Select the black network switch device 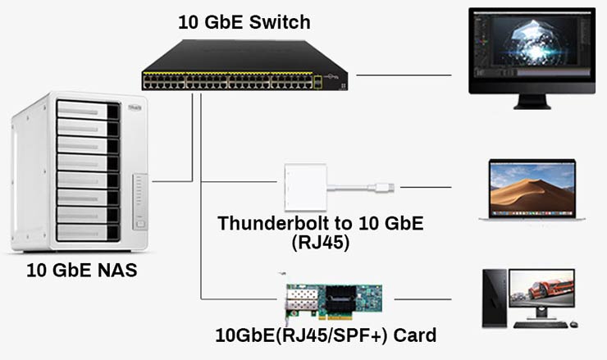[x=244, y=66]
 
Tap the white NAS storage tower [x=80, y=171]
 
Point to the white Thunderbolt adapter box [x=305, y=189]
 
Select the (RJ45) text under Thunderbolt [x=321, y=243]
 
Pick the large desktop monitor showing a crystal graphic [x=532, y=51]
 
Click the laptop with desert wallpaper [x=532, y=191]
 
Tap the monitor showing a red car [x=541, y=293]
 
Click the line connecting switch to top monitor [x=404, y=75]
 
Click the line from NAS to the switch [x=171, y=180]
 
